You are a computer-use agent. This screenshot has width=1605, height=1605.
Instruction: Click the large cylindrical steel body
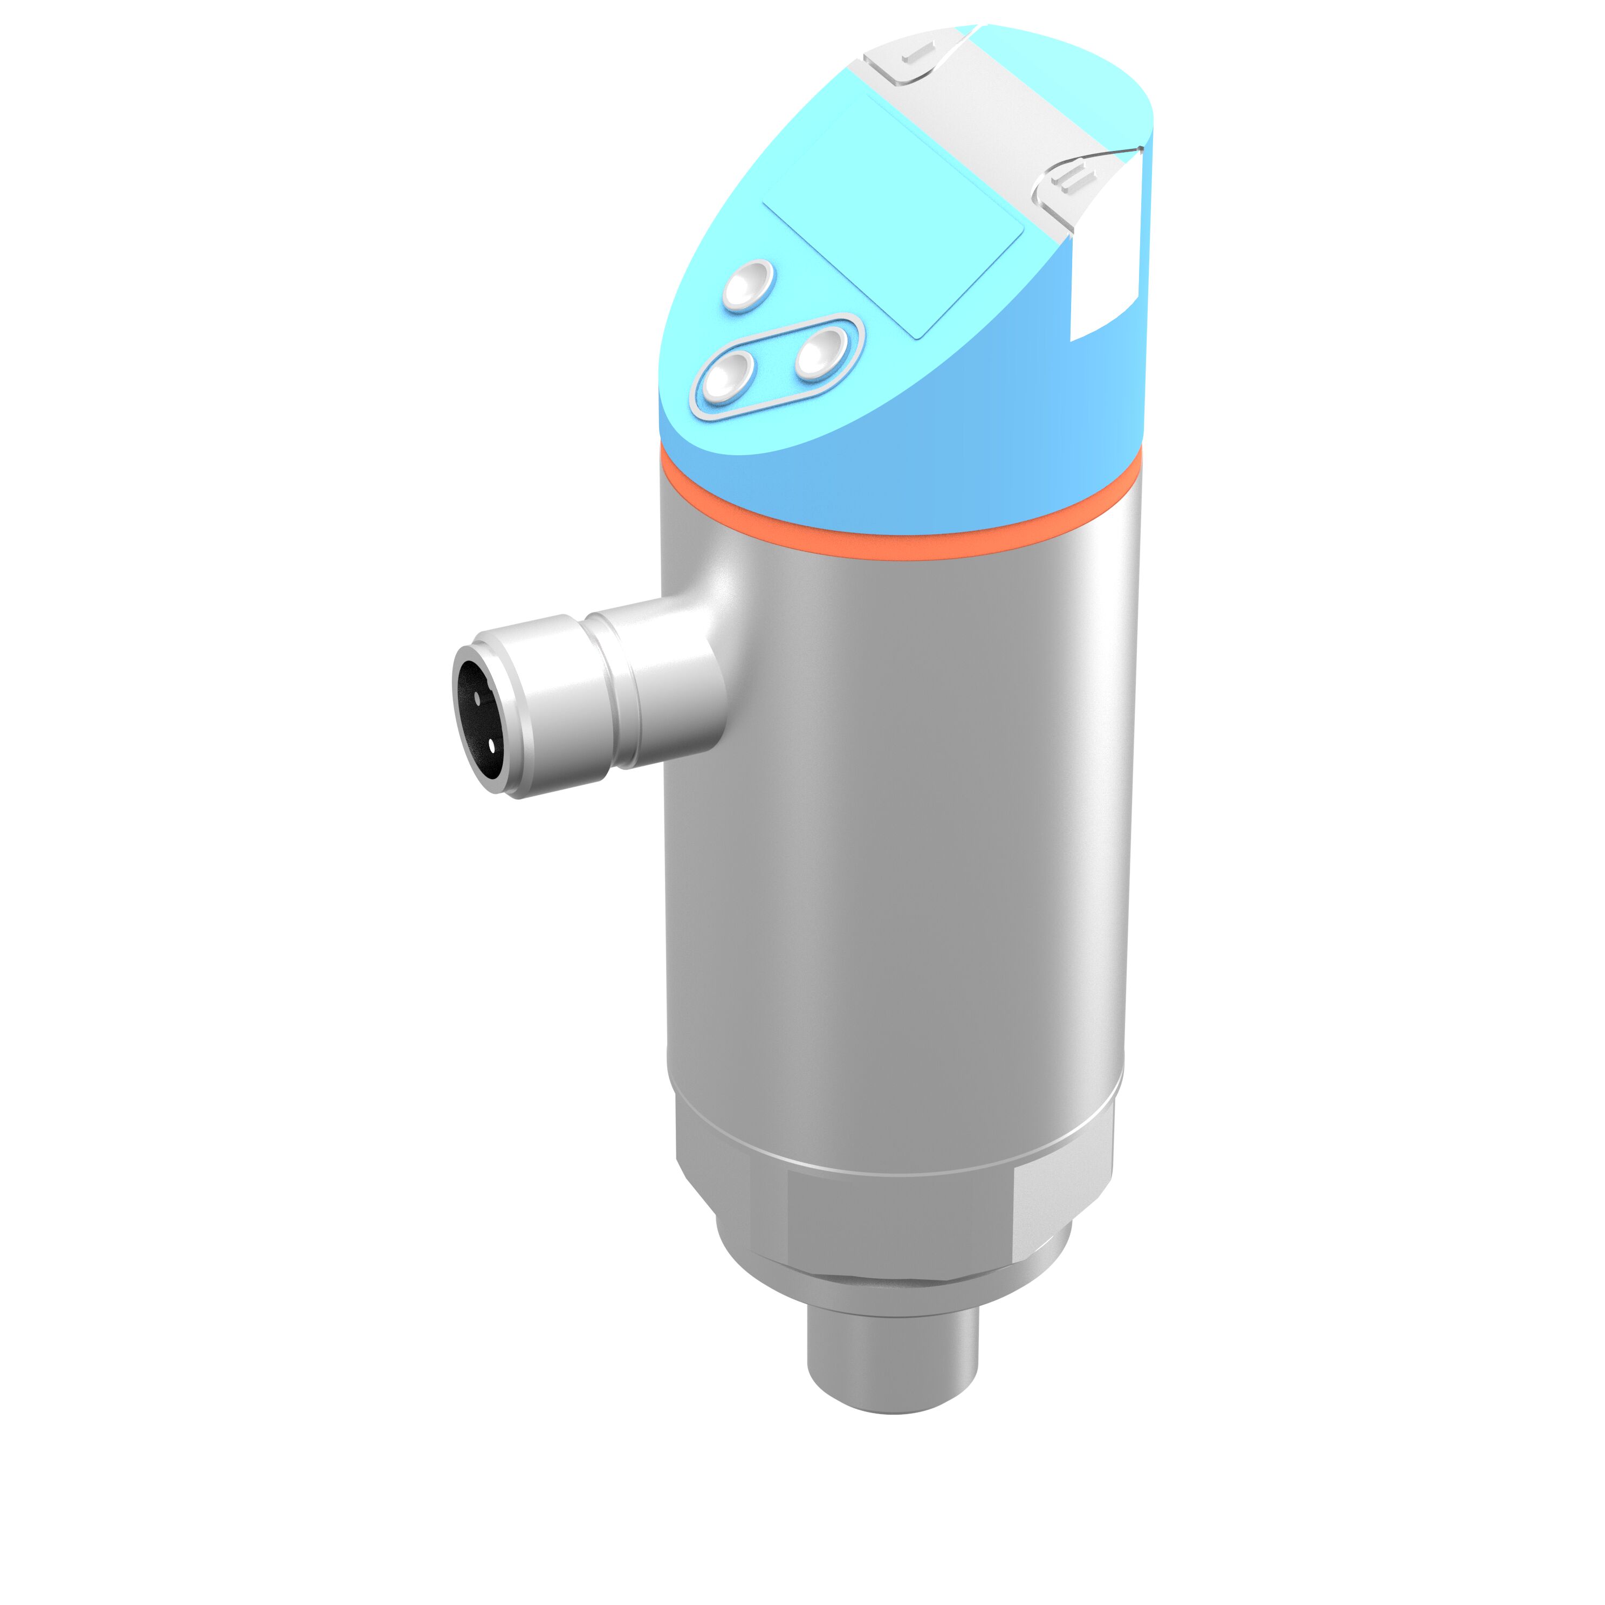(x=897, y=831)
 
